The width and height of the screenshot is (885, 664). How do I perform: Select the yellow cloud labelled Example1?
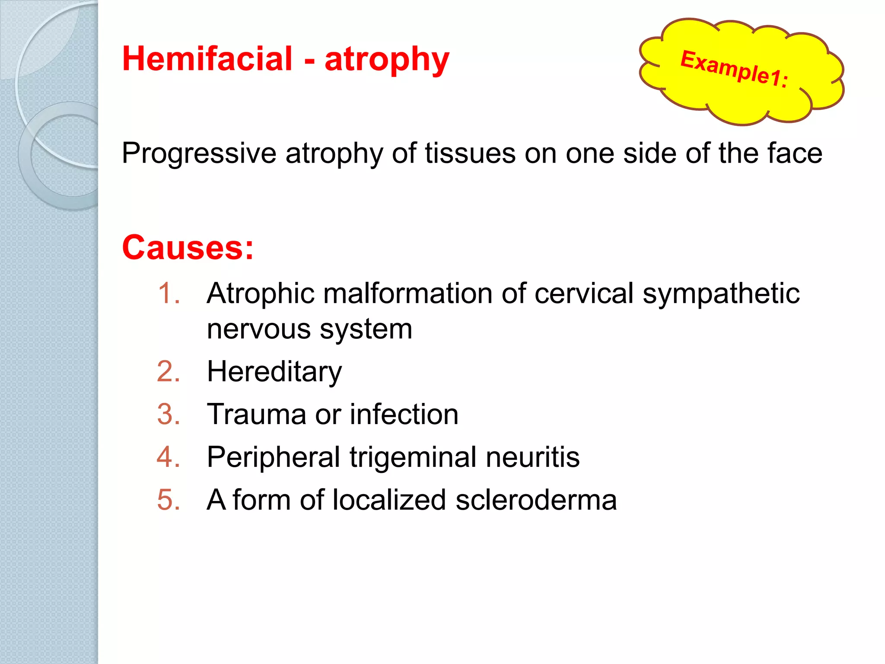point(741,71)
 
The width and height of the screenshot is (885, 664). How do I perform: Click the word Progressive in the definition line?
point(199,153)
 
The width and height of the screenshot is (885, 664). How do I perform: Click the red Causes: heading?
point(188,248)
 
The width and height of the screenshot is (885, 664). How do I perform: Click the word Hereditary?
point(274,371)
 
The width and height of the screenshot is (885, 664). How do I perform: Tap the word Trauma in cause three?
point(256,414)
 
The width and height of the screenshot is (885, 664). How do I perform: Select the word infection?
point(404,414)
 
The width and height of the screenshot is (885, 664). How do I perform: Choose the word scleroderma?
point(536,500)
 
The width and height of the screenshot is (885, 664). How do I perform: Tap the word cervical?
point(584,294)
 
